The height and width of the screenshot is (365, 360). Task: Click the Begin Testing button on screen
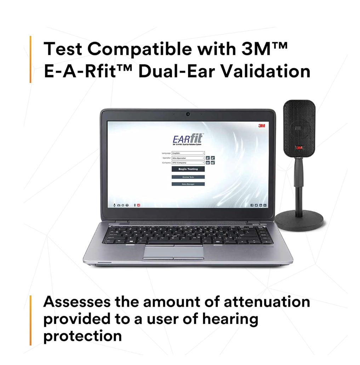click(x=188, y=169)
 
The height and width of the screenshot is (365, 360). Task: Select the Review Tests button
click(x=188, y=177)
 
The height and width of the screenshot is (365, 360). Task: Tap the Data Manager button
click(x=188, y=184)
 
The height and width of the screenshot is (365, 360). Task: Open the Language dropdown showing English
click(x=188, y=153)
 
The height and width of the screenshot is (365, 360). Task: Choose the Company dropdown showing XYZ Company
click(x=188, y=162)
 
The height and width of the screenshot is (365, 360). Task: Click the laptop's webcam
click(x=188, y=114)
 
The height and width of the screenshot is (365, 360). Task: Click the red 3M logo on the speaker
click(x=299, y=148)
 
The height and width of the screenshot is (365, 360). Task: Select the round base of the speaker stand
click(x=299, y=221)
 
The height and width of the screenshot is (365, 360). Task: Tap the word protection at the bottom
click(x=82, y=335)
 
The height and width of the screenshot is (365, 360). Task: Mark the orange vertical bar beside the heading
click(x=30, y=59)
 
